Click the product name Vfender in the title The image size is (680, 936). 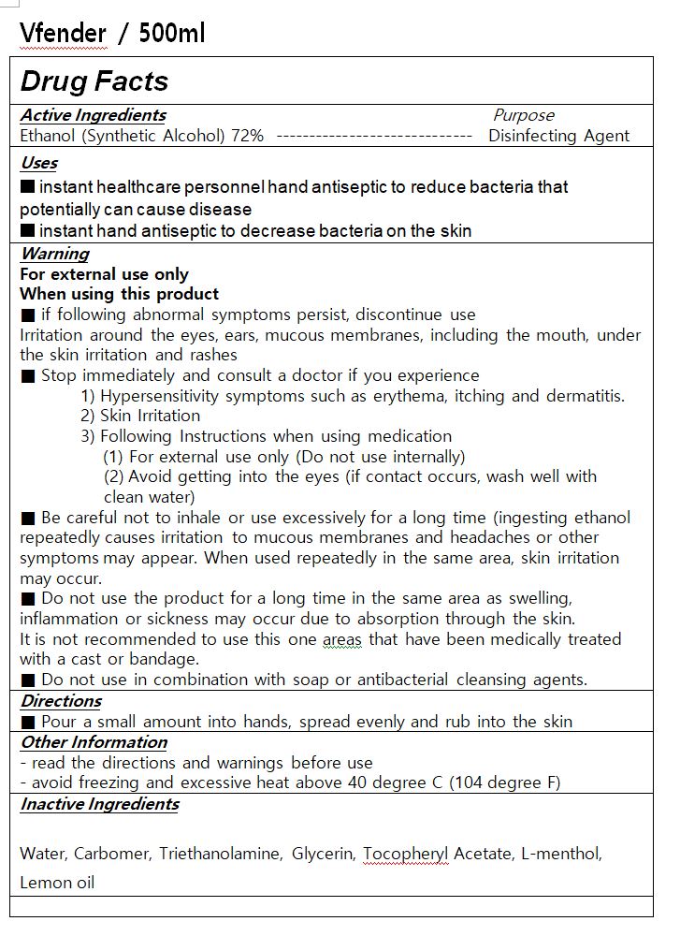63,34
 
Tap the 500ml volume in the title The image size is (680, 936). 171,34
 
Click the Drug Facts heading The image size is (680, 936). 94,81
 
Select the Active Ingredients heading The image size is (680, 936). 93,115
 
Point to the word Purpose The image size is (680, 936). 523,115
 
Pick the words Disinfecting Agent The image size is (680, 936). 558,136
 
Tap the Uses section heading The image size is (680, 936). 38,163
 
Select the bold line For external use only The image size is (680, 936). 104,274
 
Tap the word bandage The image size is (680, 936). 167,659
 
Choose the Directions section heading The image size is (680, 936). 61,701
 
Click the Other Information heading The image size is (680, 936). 94,742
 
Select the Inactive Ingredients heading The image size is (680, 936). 99,804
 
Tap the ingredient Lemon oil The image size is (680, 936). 57,883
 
